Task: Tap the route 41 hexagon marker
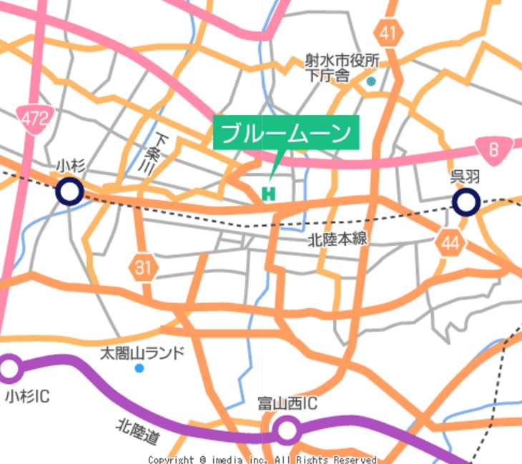(x=388, y=32)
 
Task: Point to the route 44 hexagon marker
(x=450, y=243)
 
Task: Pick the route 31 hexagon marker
(x=143, y=268)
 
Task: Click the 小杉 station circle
(x=70, y=191)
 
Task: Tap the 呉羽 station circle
(x=466, y=203)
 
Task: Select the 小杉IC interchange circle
(x=10, y=369)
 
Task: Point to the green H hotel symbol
(x=269, y=193)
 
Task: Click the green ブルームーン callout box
(x=285, y=133)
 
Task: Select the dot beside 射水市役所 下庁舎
(x=370, y=82)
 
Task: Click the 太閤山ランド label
(x=142, y=352)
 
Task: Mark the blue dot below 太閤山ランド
(x=139, y=368)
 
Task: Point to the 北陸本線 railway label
(x=338, y=240)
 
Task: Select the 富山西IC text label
(x=287, y=405)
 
